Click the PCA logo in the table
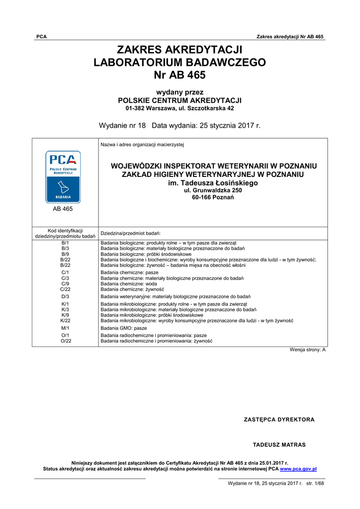tap(63, 177)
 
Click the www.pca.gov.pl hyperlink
tap(298, 469)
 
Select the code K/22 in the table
tap(65, 321)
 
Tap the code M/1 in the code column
tap(65, 329)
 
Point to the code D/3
tap(65, 296)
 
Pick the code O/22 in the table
tap(65, 341)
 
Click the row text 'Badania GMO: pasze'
tap(124, 329)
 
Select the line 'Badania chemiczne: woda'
tap(129, 284)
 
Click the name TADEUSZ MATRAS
tap(279, 445)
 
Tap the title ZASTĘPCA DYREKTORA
tap(279, 420)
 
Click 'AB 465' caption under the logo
tap(63, 209)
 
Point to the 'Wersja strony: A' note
tap(307, 350)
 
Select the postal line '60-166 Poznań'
tap(213, 197)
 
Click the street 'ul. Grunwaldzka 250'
tap(213, 190)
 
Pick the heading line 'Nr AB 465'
tap(180, 75)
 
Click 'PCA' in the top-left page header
tap(42, 37)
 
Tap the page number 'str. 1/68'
tap(315, 483)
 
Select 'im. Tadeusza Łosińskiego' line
tap(213, 183)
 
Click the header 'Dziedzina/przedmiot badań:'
tap(130, 233)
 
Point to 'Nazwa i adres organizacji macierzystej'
tap(142, 145)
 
